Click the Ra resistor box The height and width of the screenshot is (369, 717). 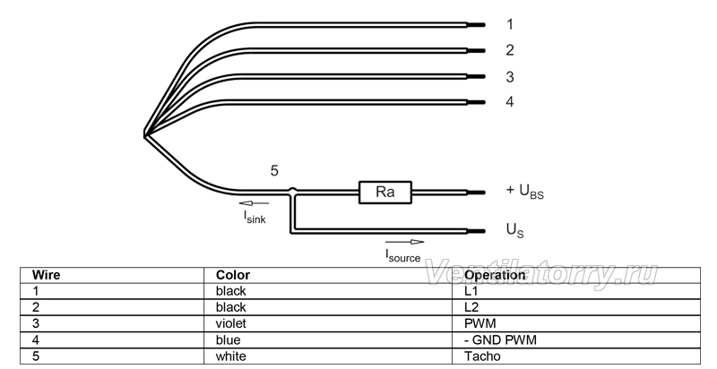pos(385,193)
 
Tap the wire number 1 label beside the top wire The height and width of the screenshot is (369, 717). pos(510,24)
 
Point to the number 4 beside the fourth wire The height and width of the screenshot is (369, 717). pos(510,101)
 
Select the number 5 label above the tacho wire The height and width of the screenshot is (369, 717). pos(274,171)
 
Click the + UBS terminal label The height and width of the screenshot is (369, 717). pos(525,192)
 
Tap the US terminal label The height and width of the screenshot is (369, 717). pos(514,230)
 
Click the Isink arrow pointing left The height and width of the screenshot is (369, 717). pos(254,203)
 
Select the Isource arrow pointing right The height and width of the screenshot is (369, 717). pos(405,242)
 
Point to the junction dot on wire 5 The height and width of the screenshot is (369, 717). pos(293,191)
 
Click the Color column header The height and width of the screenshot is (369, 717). pos(233,275)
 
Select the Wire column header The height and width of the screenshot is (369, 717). pos(46,275)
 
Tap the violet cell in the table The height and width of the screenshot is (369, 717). pos(231,324)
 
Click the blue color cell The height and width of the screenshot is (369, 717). pos(228,340)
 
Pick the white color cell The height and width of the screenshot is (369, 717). pos(230,356)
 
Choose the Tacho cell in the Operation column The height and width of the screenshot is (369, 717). pos(482,356)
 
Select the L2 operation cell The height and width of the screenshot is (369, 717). pos(471,307)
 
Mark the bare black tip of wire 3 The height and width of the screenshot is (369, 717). pos(476,77)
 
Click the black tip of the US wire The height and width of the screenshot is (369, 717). pos(476,232)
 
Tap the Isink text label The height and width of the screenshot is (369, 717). pos(255,217)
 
